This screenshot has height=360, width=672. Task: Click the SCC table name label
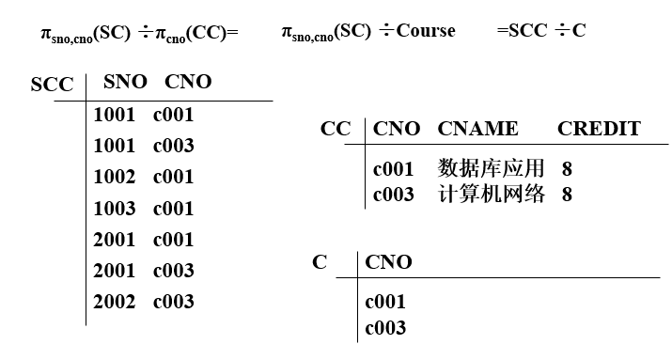(x=52, y=85)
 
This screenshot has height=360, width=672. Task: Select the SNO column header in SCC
(x=125, y=82)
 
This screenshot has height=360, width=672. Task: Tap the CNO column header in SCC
(x=188, y=82)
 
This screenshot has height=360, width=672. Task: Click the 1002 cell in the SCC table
(x=115, y=177)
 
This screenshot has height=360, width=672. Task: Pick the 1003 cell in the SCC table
(x=115, y=208)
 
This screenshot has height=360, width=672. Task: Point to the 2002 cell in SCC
(x=115, y=301)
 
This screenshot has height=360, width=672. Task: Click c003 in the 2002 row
(x=174, y=301)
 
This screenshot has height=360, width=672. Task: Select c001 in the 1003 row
(x=174, y=208)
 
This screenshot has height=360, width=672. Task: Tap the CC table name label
(x=336, y=129)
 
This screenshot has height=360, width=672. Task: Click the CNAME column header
(x=477, y=129)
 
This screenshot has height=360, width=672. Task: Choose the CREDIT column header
(x=599, y=129)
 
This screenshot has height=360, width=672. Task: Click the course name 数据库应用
(x=491, y=169)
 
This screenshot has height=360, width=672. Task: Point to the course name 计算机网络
(x=491, y=195)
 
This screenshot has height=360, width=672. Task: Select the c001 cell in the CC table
(x=394, y=169)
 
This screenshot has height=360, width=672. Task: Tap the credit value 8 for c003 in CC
(x=567, y=195)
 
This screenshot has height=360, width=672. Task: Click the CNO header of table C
(x=388, y=262)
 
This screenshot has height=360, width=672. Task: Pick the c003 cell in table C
(x=385, y=328)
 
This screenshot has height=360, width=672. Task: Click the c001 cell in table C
(x=385, y=303)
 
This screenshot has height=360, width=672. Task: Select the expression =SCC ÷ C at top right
(x=540, y=31)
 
